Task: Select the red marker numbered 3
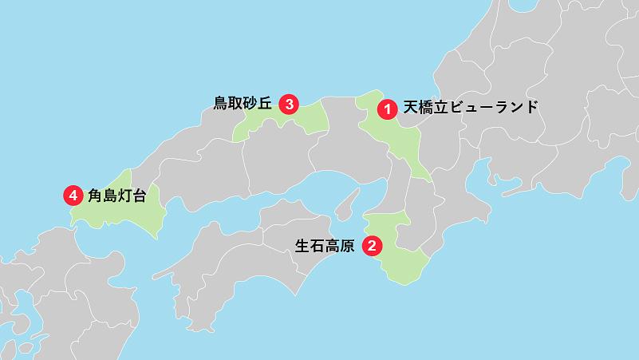pos(290,103)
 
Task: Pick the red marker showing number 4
pos(73,195)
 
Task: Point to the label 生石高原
pos(325,245)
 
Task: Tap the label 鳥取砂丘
pos(243,103)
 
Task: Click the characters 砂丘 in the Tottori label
pos(258,103)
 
